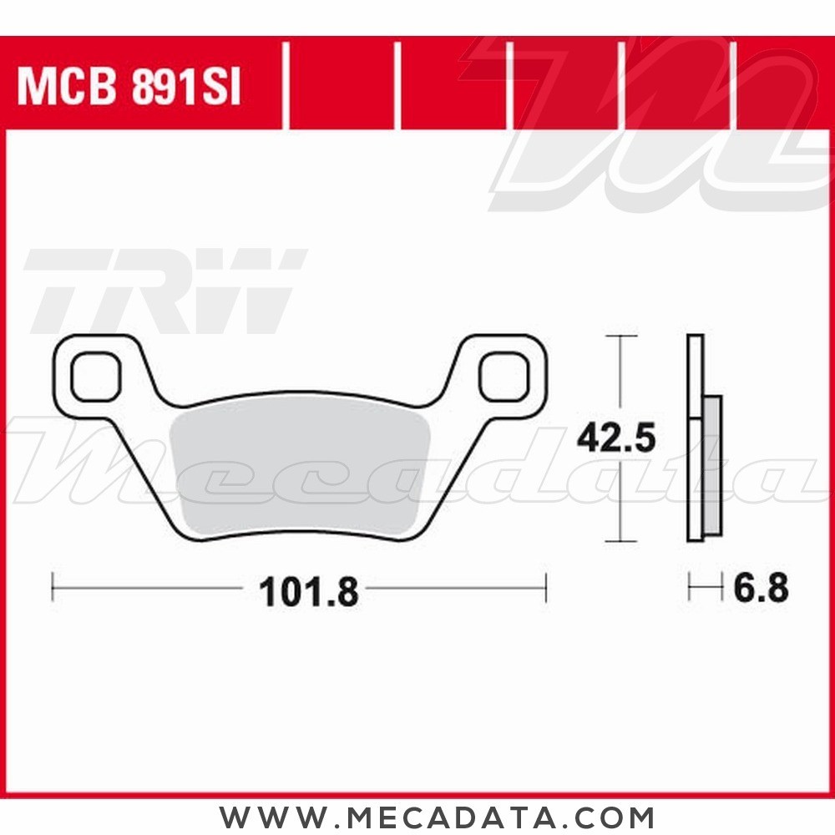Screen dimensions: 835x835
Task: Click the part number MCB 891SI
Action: pos(129,86)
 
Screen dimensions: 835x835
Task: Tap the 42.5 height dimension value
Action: pos(616,438)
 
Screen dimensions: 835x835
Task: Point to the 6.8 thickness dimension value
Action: pos(761,589)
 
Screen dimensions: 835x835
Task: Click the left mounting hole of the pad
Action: pos(96,377)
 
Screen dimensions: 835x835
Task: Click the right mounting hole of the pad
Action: pos(504,377)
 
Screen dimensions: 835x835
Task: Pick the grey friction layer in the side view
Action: pos(712,465)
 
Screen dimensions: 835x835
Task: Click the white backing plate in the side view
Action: pos(696,438)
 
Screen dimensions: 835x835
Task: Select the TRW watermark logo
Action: pos(165,291)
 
